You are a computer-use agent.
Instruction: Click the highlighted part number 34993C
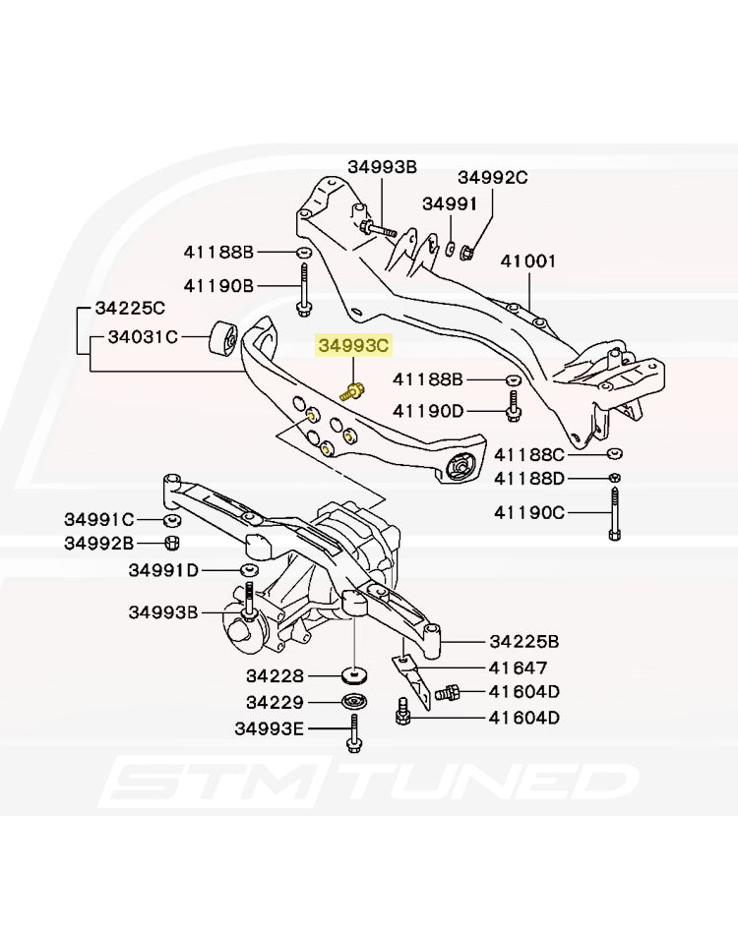(x=353, y=346)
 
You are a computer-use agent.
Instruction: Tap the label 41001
(x=527, y=262)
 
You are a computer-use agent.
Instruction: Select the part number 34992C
(x=492, y=178)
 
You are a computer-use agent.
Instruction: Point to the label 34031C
(x=143, y=337)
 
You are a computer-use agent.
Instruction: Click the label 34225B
(x=524, y=642)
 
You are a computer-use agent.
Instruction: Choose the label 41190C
(x=529, y=512)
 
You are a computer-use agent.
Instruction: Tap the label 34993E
(x=270, y=728)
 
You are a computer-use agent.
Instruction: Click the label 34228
(x=277, y=676)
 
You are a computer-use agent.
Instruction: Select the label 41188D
(x=529, y=479)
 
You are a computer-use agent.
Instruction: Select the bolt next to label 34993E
(x=353, y=732)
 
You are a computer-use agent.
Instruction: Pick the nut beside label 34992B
(x=170, y=543)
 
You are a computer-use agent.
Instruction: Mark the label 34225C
(x=130, y=308)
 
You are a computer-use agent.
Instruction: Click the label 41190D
(x=428, y=411)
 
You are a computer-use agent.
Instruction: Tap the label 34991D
(x=163, y=570)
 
